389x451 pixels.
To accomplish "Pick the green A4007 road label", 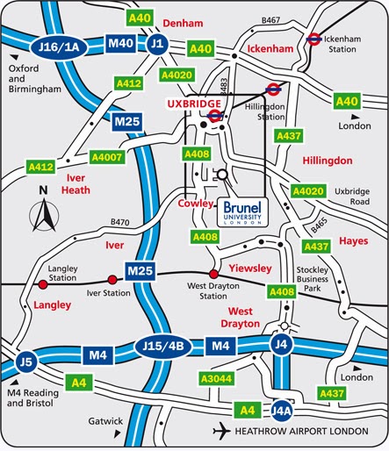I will pyautogui.click(x=106, y=157).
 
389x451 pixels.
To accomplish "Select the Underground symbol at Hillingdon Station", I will pyautogui.click(x=273, y=88).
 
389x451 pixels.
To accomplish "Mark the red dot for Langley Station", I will pyautogui.click(x=42, y=283).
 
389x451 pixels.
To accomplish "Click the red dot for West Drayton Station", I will pyautogui.click(x=212, y=274).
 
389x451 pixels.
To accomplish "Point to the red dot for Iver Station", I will pyautogui.click(x=111, y=279).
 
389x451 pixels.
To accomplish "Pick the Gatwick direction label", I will pyautogui.click(x=105, y=421).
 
